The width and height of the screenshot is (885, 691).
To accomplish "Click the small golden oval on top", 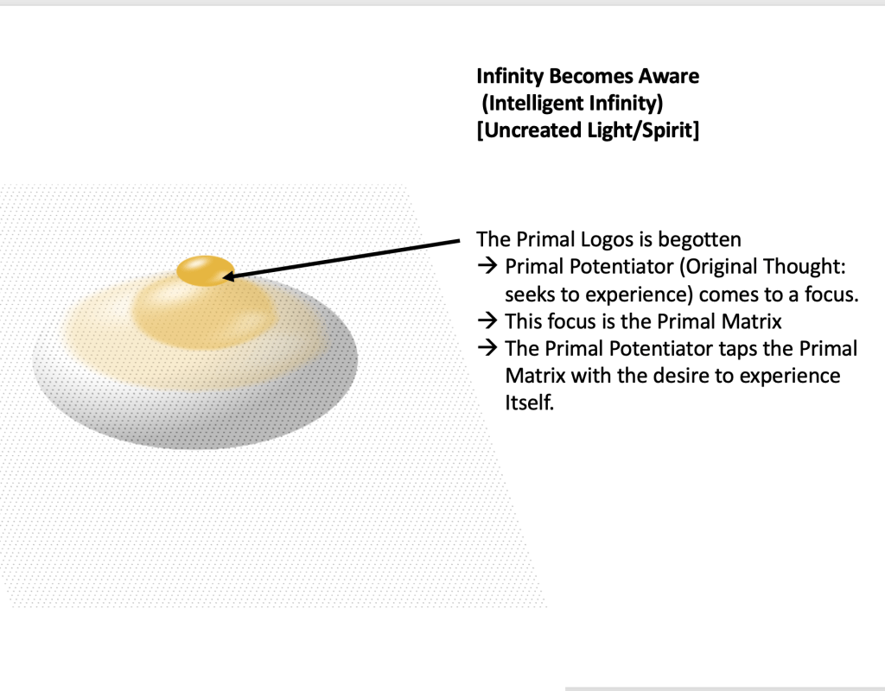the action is coord(206,270).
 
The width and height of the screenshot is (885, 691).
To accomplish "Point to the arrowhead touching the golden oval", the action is coord(229,276).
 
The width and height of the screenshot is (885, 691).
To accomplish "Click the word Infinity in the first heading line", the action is coord(510,76).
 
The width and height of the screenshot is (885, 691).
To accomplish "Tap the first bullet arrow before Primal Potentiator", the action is coord(487,266).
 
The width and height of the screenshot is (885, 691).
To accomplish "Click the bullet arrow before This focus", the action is coord(487,320).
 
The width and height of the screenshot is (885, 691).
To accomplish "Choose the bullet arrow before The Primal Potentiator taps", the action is coord(487,347).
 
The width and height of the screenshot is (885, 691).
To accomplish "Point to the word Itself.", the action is coord(530,403).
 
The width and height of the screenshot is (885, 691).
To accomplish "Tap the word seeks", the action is coord(530,295).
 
